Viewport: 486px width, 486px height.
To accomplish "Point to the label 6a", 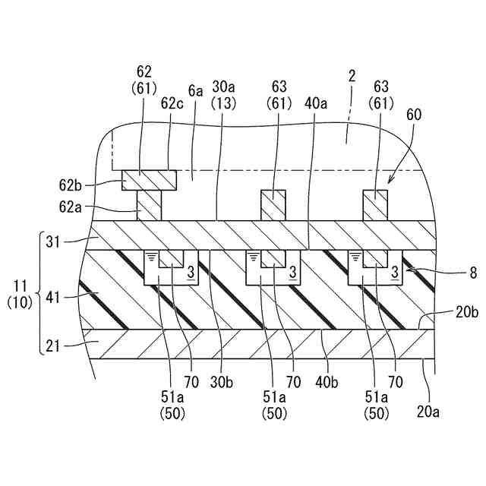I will (x=196, y=91).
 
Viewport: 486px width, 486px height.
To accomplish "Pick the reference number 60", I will (x=414, y=115).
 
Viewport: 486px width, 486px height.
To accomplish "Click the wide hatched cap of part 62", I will (x=150, y=180).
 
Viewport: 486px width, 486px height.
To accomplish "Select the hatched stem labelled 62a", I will (x=150, y=205).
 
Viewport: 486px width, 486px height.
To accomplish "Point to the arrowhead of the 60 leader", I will (x=391, y=181).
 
